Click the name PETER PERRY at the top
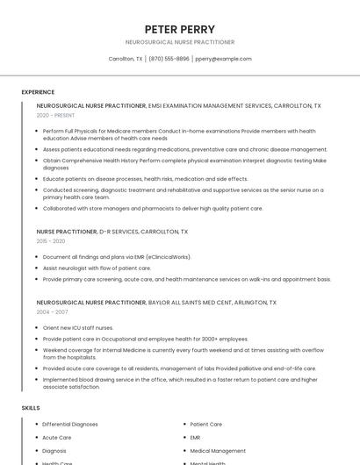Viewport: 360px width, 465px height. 179,29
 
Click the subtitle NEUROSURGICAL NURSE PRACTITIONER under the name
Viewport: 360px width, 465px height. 179,42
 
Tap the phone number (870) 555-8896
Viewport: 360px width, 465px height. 169,59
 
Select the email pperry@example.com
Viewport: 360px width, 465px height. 223,59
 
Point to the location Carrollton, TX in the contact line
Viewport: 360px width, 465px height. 126,59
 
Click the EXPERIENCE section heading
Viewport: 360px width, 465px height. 38,92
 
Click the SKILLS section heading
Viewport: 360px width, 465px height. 31,408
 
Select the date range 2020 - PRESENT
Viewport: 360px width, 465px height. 55,115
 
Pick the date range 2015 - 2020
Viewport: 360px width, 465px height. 51,240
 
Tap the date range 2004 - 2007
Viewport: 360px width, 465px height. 51,311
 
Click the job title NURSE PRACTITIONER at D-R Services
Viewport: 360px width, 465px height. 67,232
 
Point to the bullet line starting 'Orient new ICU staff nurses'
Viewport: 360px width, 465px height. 78,327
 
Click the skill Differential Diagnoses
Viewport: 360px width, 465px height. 70,424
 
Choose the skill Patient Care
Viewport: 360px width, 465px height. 205,424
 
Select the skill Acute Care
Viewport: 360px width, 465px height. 57,437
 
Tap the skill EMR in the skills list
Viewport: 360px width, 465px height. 195,437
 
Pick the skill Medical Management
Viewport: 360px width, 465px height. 218,450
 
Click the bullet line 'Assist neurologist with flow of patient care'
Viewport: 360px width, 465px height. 97,268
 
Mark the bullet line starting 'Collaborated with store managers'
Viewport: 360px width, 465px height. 153,208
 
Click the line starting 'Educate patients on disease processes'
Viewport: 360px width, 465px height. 145,178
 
